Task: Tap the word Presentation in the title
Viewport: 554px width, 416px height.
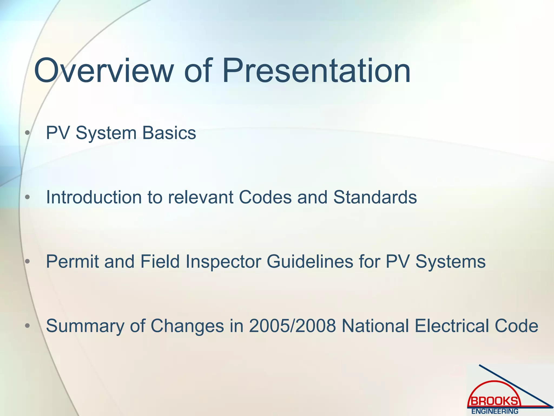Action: point(316,71)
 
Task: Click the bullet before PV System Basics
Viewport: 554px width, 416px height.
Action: point(27,133)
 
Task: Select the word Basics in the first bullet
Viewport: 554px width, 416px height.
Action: point(169,133)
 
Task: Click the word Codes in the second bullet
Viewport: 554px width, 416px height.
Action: point(265,197)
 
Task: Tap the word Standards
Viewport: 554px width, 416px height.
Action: point(375,197)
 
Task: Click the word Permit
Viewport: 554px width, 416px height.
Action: point(72,262)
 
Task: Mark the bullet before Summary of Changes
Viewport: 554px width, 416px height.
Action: point(27,326)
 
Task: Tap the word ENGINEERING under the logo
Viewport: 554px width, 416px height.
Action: point(495,411)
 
